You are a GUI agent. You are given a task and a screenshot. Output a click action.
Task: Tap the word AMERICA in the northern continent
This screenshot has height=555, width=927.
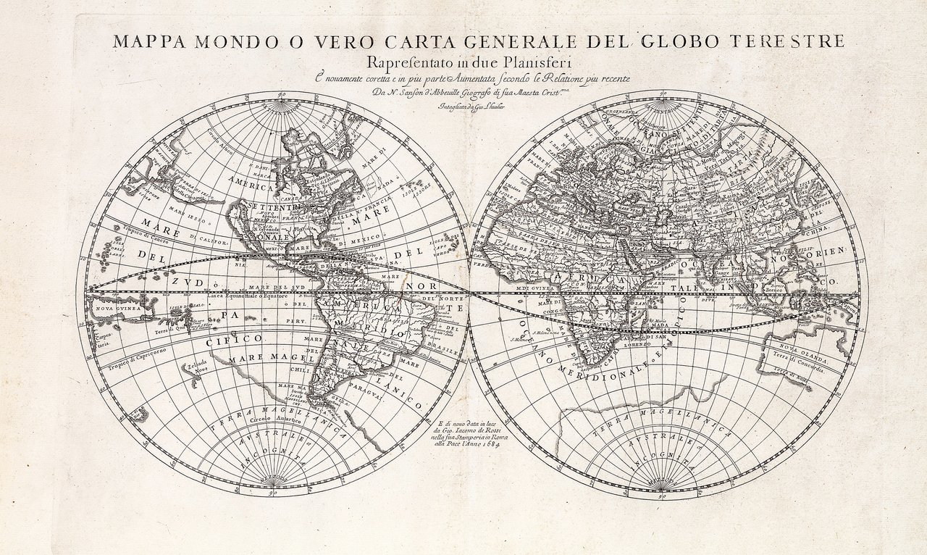(251, 187)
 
